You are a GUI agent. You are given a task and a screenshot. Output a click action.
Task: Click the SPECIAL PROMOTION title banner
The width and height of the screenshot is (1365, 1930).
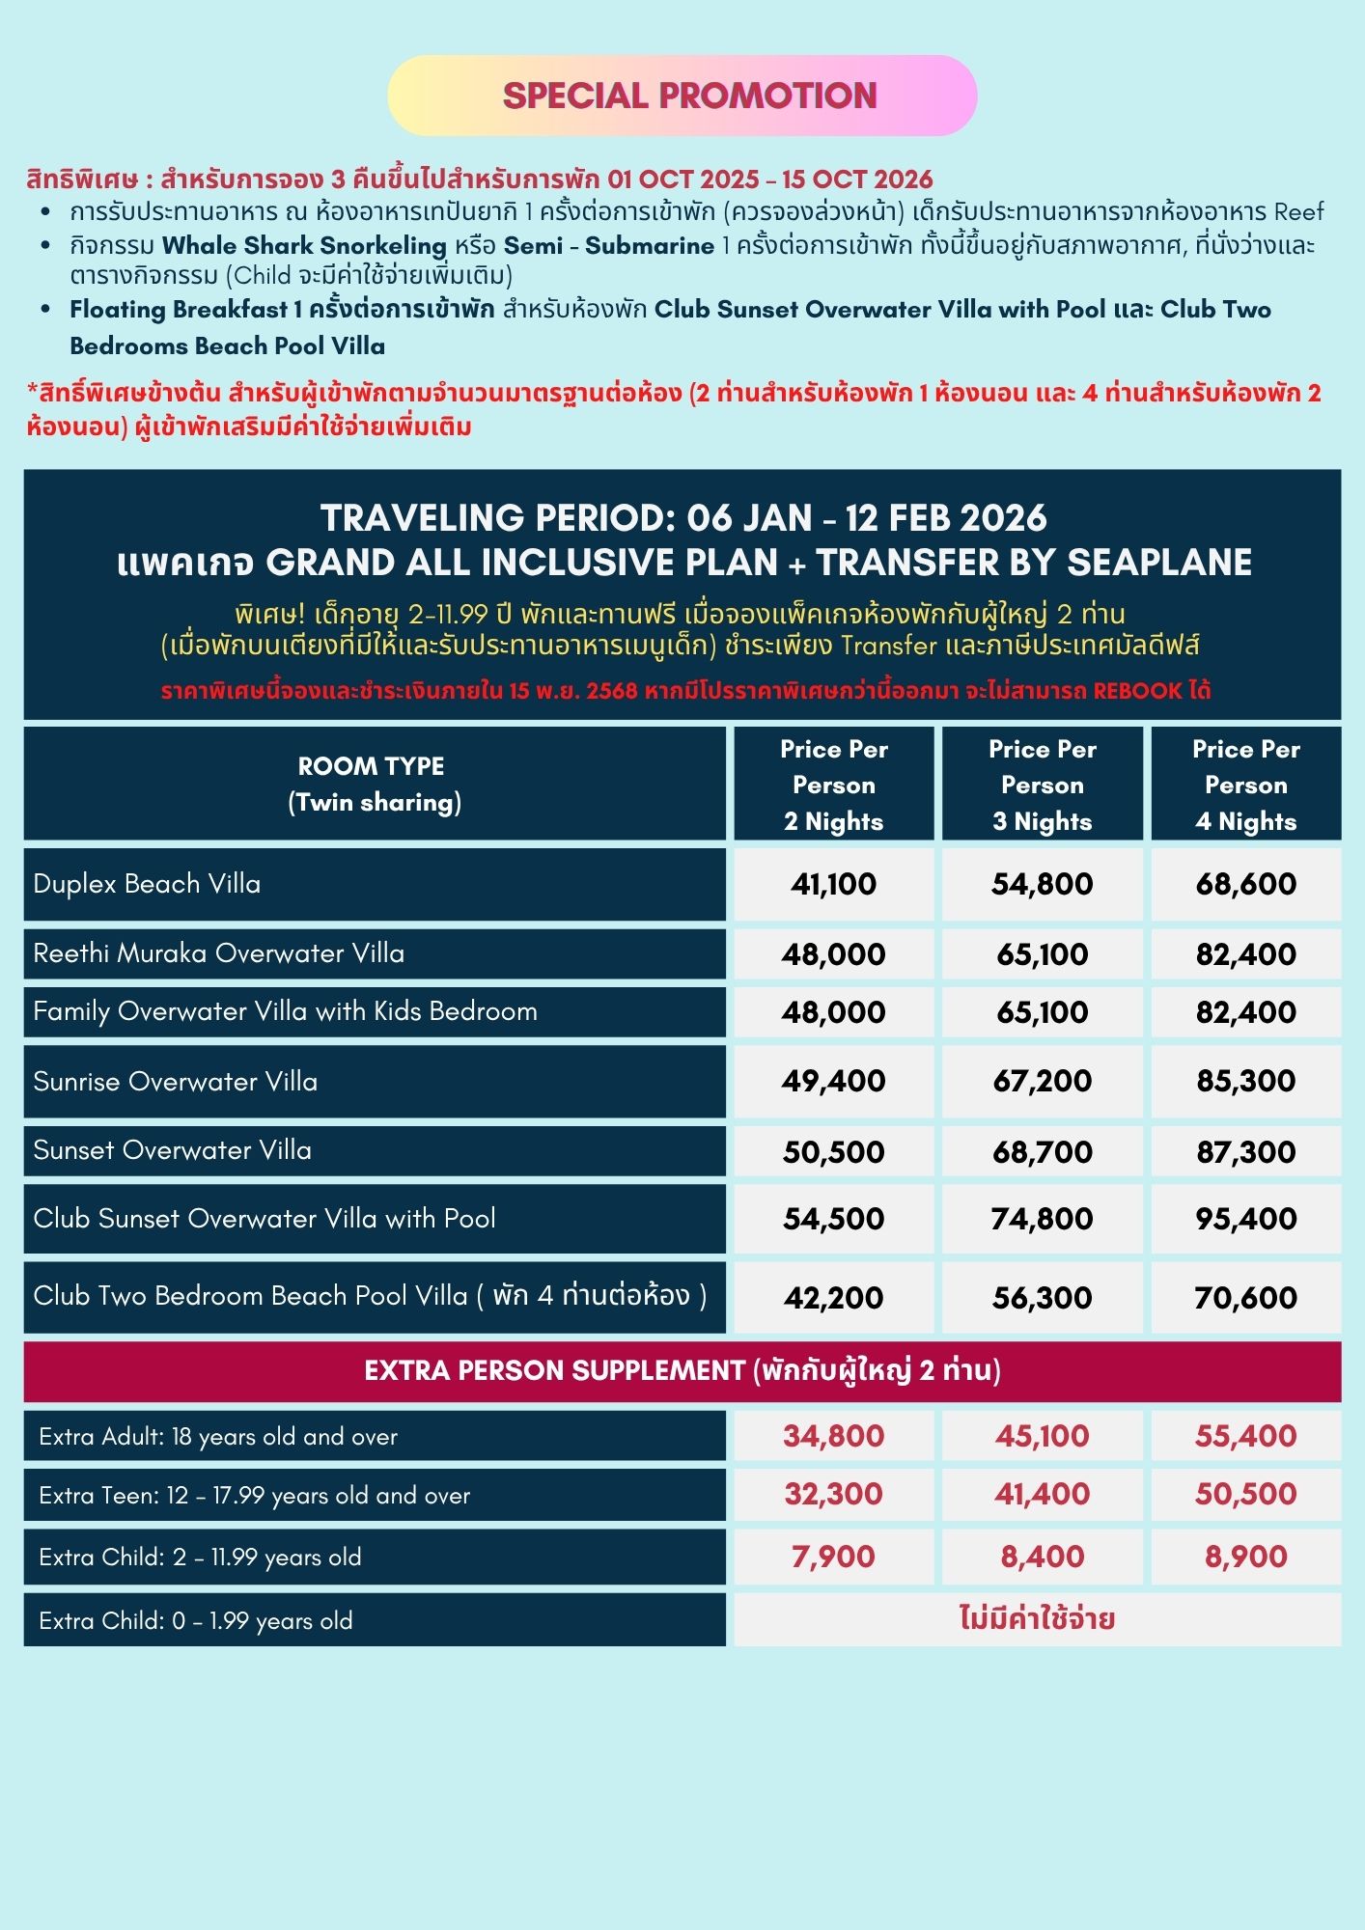(x=688, y=96)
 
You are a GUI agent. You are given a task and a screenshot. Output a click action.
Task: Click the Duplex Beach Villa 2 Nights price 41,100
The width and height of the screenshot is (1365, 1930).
(x=833, y=884)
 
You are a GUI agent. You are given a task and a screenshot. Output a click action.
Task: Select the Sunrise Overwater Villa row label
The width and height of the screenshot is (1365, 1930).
(x=176, y=1082)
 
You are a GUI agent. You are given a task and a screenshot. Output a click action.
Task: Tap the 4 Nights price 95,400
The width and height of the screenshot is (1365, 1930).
(x=1245, y=1219)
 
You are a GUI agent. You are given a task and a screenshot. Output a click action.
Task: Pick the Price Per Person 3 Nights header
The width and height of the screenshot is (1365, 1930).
(x=1042, y=785)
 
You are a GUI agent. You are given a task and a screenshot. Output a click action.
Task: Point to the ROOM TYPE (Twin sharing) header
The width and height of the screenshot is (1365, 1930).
(x=374, y=784)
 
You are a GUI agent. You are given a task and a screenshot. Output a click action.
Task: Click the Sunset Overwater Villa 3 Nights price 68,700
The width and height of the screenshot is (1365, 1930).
(x=1042, y=1151)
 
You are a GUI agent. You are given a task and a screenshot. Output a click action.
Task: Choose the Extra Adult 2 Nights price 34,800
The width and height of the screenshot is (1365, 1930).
(x=833, y=1436)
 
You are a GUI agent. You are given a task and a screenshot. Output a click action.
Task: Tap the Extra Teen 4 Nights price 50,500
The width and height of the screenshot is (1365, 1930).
(x=1245, y=1494)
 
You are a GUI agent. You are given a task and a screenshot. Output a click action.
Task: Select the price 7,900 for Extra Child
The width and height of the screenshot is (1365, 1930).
(x=833, y=1557)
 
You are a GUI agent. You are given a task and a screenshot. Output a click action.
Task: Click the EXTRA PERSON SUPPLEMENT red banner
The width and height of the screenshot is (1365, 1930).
(x=682, y=1371)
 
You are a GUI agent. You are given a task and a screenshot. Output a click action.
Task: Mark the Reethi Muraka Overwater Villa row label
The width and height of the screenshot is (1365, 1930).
(x=219, y=953)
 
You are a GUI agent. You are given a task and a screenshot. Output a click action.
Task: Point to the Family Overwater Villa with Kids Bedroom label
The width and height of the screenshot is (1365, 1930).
(x=285, y=1011)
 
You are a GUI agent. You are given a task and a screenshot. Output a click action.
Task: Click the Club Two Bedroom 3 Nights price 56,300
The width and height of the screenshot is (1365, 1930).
(x=1042, y=1298)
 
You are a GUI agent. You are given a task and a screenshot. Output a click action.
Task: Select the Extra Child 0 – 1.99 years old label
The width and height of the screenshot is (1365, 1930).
(x=196, y=1620)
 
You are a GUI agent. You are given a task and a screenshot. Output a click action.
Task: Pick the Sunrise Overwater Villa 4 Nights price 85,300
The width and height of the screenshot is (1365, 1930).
(x=1245, y=1081)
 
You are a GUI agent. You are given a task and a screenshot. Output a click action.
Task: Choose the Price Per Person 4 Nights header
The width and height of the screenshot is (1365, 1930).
(x=1245, y=785)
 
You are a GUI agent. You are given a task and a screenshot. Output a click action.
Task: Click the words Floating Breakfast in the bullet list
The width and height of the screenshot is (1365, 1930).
(x=179, y=310)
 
